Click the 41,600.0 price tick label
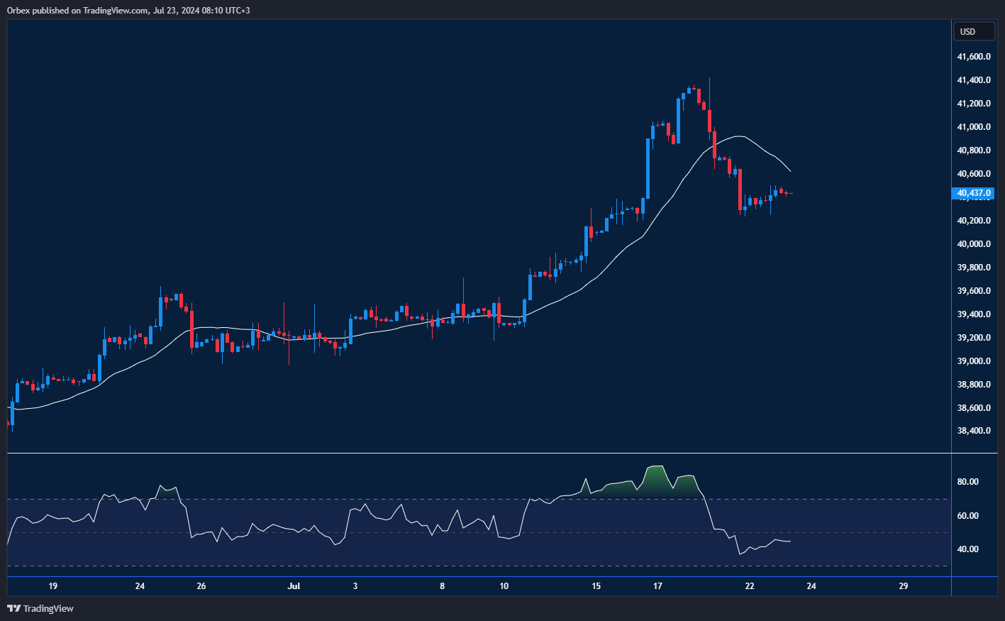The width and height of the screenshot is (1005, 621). [x=974, y=57]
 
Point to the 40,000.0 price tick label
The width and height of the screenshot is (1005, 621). [x=974, y=244]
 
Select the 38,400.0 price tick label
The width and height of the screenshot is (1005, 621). [x=974, y=431]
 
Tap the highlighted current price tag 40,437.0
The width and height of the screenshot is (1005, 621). [x=973, y=193]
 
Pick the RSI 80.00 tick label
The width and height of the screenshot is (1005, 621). [x=967, y=482]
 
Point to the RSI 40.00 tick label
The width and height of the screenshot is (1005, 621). [x=967, y=549]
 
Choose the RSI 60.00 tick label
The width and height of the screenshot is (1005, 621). [x=967, y=516]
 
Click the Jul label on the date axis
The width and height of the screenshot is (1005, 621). [x=294, y=586]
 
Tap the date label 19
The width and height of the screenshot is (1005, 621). [x=52, y=586]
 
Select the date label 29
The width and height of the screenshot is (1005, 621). [x=903, y=586]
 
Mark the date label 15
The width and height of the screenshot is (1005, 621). [x=596, y=586]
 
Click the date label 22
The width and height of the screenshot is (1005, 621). [x=750, y=586]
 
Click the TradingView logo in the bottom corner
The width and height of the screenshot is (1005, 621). [x=40, y=608]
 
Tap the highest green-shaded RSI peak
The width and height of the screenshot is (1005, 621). [x=655, y=467]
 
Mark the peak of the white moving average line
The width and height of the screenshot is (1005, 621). [x=738, y=136]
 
